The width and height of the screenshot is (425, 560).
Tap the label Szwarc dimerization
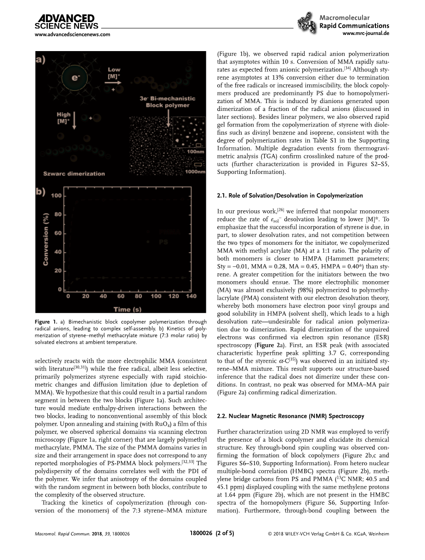point(74,173)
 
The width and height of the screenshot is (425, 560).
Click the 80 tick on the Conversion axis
point(57,214)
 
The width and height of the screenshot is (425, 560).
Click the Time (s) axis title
point(129,309)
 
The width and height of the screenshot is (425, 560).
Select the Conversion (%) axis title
point(46,240)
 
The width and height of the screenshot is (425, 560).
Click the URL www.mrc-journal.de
point(366,34)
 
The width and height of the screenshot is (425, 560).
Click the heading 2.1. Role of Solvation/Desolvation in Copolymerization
point(289,196)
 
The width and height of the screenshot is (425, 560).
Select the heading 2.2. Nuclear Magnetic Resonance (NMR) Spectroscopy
point(290,416)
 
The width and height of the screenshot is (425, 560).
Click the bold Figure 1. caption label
point(46,322)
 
